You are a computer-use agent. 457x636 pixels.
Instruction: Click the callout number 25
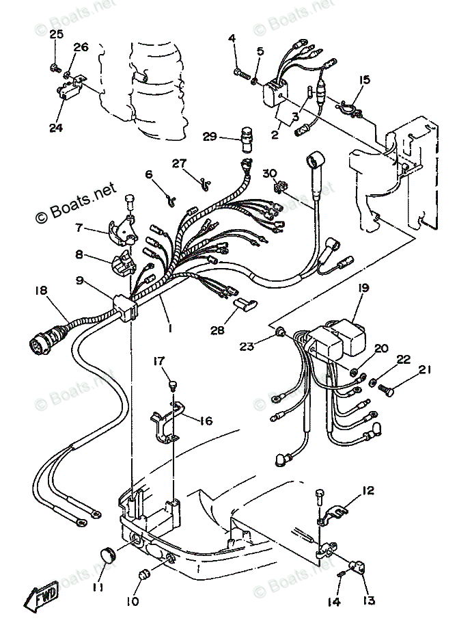(x=56, y=35)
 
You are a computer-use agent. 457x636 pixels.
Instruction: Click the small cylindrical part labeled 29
(x=245, y=134)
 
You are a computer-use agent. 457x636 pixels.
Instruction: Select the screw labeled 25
(x=53, y=68)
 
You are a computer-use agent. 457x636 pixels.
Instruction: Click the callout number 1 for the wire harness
(x=169, y=328)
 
